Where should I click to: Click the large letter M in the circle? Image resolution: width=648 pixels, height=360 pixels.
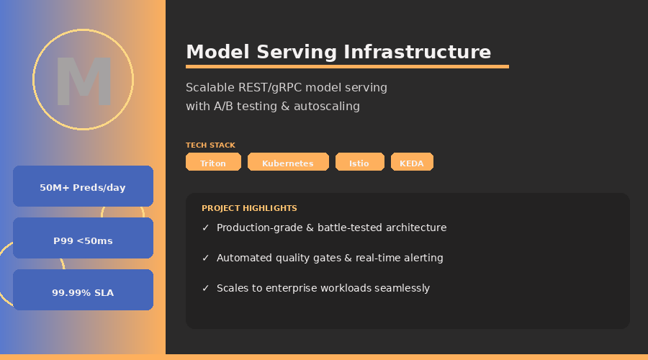(84, 81)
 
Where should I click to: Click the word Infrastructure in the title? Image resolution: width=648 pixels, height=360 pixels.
(417, 52)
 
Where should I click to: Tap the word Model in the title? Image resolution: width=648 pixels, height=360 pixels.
(217, 52)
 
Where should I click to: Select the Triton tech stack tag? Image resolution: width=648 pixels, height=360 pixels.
(213, 161)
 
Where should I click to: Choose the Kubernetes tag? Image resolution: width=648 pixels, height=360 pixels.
(288, 161)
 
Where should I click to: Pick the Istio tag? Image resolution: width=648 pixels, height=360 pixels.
(359, 161)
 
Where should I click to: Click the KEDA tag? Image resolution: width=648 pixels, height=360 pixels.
(412, 161)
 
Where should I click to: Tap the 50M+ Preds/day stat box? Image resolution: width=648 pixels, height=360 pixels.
(83, 186)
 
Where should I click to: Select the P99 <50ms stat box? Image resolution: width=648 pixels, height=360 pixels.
(83, 238)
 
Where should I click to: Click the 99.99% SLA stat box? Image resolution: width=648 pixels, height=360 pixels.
(83, 289)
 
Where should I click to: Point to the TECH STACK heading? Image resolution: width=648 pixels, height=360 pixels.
(210, 145)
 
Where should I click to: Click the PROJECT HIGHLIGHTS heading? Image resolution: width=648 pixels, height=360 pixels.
(249, 208)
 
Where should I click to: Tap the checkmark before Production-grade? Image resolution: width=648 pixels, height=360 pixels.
(205, 228)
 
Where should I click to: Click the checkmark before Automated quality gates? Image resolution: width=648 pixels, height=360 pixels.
(205, 258)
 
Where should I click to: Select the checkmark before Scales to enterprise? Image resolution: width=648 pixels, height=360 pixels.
(205, 288)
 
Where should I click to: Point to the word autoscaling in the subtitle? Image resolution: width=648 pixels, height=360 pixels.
(326, 107)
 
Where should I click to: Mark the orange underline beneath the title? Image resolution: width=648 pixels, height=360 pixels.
(347, 66)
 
